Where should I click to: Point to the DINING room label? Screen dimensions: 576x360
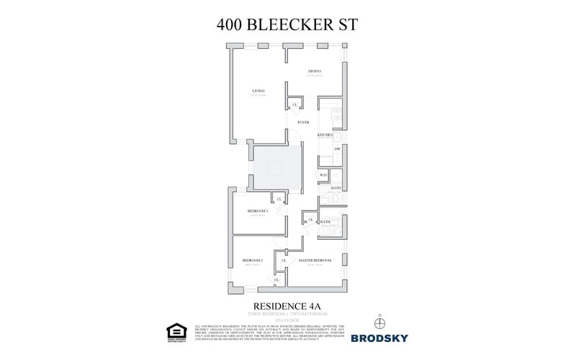click(315, 71)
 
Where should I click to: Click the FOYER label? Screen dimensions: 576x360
click(304, 122)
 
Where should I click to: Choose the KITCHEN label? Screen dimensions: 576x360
click(325, 135)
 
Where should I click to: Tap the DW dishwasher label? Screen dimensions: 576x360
click(337, 149)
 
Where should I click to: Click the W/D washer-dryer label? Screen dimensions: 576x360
click(324, 175)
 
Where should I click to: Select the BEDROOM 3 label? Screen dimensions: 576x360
click(258, 211)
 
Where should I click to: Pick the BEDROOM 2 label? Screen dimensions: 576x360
click(252, 260)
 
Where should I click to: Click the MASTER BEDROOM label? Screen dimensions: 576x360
click(315, 260)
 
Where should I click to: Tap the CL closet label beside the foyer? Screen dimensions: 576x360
click(294, 105)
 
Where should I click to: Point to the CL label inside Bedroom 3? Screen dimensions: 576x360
click(279, 199)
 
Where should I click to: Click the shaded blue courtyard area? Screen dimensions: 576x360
click(274, 167)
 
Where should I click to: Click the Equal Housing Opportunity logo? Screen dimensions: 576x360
click(175, 332)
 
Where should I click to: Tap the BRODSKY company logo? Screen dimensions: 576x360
click(379, 337)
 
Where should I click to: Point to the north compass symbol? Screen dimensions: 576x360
click(379, 323)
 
